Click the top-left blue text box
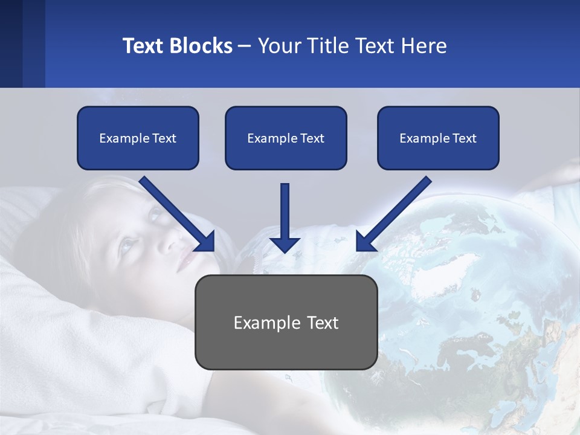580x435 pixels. pos(138,138)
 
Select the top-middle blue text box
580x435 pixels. pos(286,138)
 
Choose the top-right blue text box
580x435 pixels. pos(438,138)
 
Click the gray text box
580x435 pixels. pos(286,322)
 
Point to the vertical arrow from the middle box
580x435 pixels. pos(285,211)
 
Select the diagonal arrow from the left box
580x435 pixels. pos(175,211)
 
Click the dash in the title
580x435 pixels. pos(245,47)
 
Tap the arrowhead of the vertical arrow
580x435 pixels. pos(285,244)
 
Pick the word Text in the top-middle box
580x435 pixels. pos(312,138)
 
